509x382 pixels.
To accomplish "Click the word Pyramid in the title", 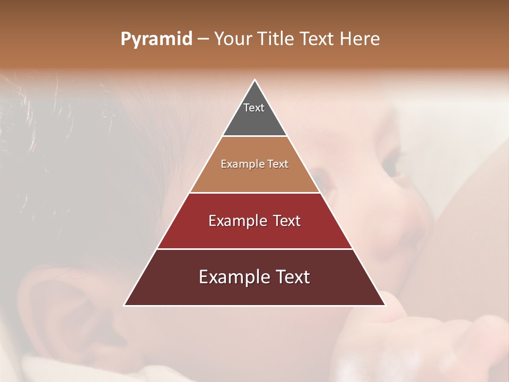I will click(x=156, y=39).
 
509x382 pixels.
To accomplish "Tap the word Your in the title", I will click(x=233, y=39).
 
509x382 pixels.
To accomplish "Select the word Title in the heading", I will click(x=276, y=39).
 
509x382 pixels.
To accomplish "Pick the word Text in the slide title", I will click(x=318, y=39).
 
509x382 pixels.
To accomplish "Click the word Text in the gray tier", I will click(x=254, y=108).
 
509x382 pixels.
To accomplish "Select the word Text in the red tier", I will click(x=287, y=221).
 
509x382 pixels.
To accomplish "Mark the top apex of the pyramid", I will click(x=254, y=80).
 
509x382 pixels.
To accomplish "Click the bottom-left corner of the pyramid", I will click(x=125, y=305).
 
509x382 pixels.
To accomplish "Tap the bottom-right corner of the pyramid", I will click(x=384, y=305).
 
